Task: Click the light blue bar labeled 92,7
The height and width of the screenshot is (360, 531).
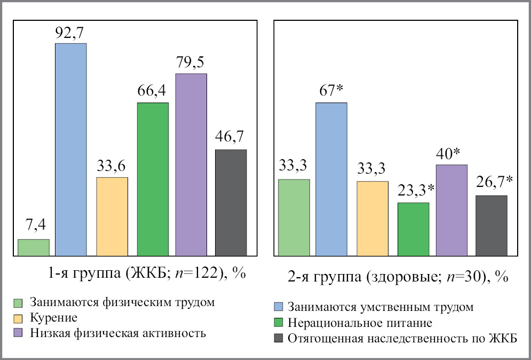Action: coord(71,150)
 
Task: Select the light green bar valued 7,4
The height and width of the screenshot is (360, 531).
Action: coord(34,247)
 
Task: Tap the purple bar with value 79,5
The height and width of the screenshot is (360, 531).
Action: coord(191,165)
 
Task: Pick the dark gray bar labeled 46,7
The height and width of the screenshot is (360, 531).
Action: coord(231,202)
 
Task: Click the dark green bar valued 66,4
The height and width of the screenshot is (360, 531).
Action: coord(153,179)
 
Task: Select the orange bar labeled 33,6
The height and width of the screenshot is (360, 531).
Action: coord(112,216)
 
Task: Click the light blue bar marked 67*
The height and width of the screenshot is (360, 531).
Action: coord(331,179)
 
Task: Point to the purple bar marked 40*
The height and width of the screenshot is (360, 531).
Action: coord(452,210)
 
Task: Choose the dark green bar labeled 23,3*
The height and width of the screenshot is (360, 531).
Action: coord(413,229)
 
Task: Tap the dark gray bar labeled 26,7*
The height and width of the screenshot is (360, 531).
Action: coord(491,225)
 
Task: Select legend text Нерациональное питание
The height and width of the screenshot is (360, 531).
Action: coord(359,323)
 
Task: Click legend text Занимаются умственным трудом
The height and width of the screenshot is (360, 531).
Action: coord(380,308)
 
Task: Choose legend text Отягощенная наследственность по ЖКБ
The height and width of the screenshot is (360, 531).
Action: coord(402,339)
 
